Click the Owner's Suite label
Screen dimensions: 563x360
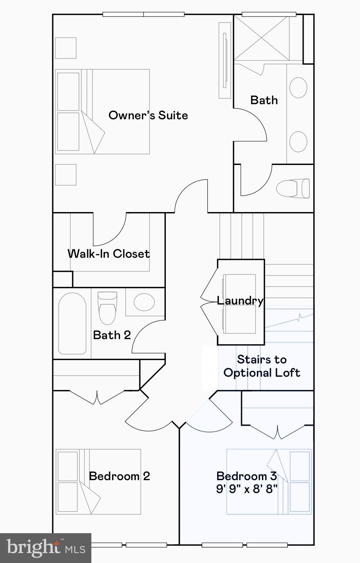(x=148, y=115)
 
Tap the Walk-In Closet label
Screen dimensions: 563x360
(x=109, y=254)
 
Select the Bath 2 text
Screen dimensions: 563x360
(x=112, y=335)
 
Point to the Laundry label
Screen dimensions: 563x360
(x=240, y=300)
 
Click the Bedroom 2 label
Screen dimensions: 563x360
(x=119, y=476)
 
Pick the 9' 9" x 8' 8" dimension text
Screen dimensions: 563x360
(x=247, y=489)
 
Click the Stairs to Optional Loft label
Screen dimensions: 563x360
(x=262, y=366)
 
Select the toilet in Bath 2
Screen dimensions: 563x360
(x=107, y=307)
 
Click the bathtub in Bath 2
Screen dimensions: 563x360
(x=72, y=323)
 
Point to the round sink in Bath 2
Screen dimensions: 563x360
(x=144, y=302)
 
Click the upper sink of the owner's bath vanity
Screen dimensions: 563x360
(x=298, y=87)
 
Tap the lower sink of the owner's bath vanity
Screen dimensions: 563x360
(x=298, y=141)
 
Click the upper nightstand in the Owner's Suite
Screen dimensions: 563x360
(x=66, y=48)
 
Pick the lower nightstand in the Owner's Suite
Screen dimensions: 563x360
(x=66, y=175)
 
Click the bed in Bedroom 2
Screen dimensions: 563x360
(x=98, y=482)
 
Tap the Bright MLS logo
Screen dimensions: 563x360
(x=45, y=548)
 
